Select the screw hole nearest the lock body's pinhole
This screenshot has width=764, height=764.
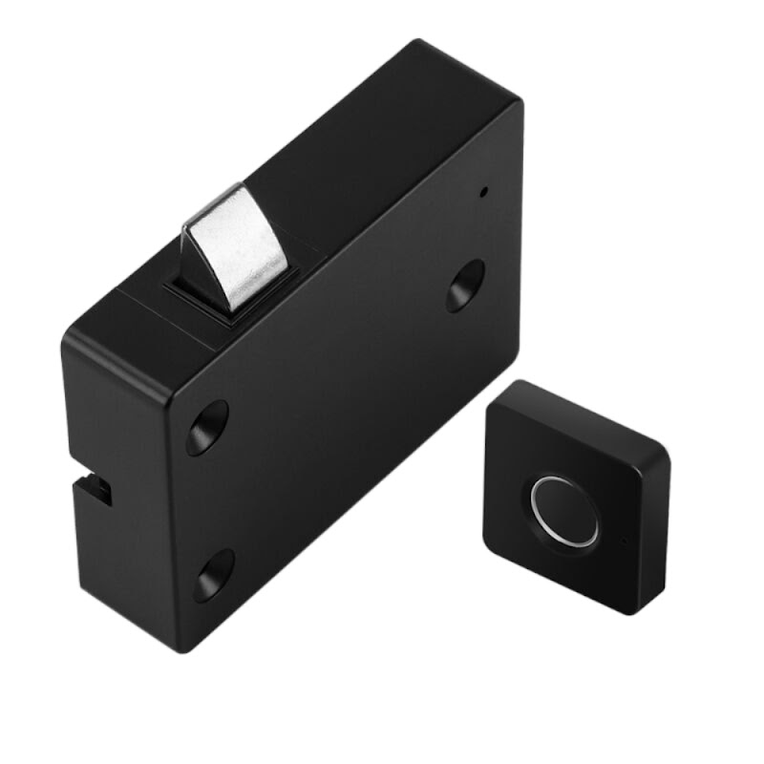tap(465, 286)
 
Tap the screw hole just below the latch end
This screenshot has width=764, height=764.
tap(207, 426)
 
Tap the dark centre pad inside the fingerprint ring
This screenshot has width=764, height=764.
tap(565, 510)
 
